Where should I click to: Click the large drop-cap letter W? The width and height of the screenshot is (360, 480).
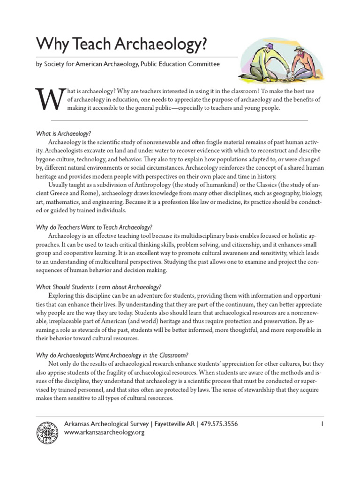coord(48,99)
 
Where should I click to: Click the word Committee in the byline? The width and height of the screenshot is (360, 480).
coord(201,64)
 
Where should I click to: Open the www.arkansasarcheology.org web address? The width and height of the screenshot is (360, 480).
coord(104,433)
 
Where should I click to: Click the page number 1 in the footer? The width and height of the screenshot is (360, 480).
coord(323,424)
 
